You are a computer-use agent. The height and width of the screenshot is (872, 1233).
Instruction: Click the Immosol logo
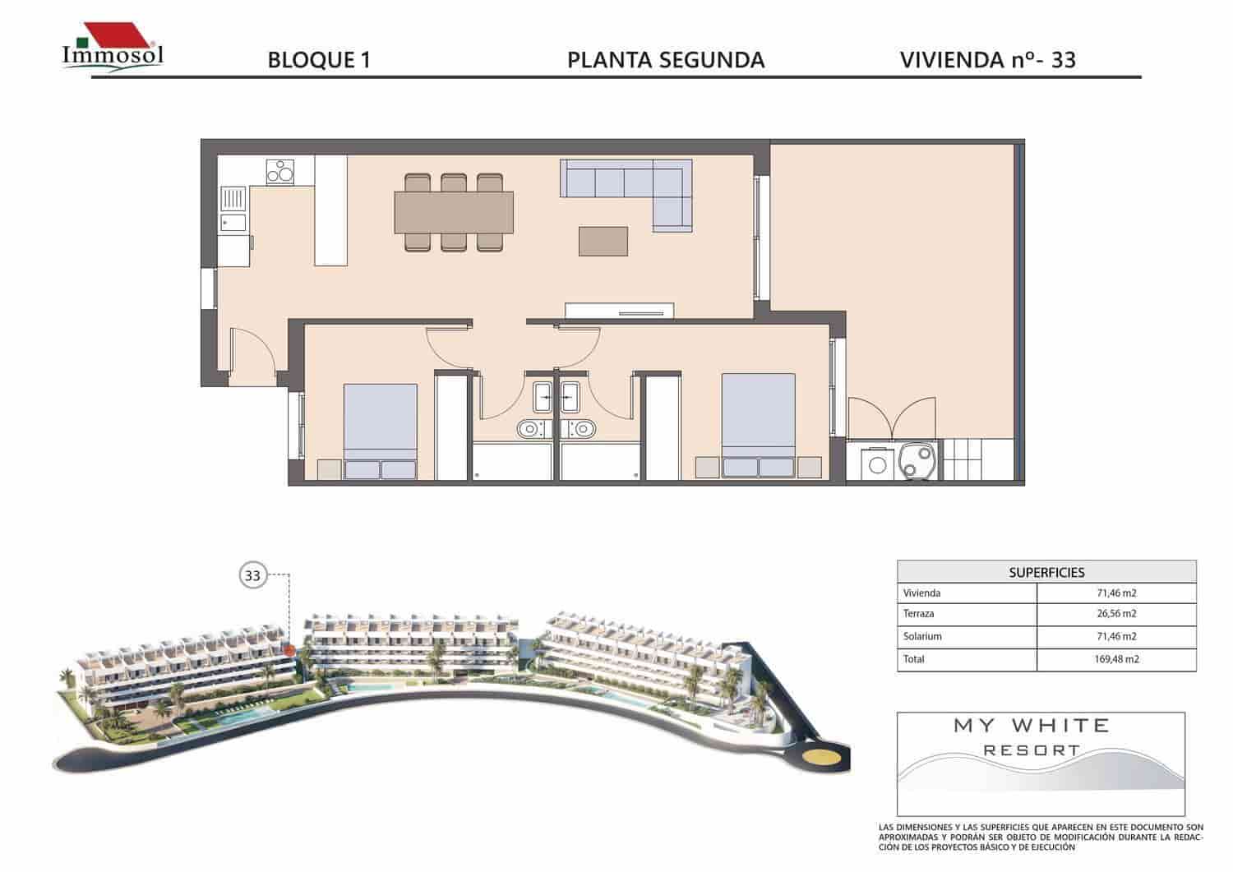(x=113, y=48)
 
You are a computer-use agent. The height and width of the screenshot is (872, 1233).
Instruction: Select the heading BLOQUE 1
(x=319, y=60)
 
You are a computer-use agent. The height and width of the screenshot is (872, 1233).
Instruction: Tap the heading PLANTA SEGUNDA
(x=666, y=60)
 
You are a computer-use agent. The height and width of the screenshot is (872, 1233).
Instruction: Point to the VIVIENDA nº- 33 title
(x=988, y=60)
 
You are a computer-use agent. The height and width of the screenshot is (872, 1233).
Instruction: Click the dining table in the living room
(x=455, y=212)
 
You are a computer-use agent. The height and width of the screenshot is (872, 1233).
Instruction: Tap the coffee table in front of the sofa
(x=604, y=241)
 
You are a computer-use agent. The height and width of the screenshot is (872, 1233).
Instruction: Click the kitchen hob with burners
(x=281, y=172)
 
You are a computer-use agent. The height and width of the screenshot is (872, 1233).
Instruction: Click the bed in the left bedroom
(x=380, y=427)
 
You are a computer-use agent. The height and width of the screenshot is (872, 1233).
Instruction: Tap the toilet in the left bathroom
(x=529, y=427)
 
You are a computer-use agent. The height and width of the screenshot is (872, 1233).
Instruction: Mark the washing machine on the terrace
(x=877, y=464)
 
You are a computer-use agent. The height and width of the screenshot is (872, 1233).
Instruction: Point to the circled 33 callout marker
(x=252, y=575)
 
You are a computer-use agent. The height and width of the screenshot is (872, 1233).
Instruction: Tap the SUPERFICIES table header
(x=1046, y=572)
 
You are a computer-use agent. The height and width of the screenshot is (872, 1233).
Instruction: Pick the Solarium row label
(x=922, y=636)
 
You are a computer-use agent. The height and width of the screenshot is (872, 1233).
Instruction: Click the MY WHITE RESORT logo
(x=1032, y=737)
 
